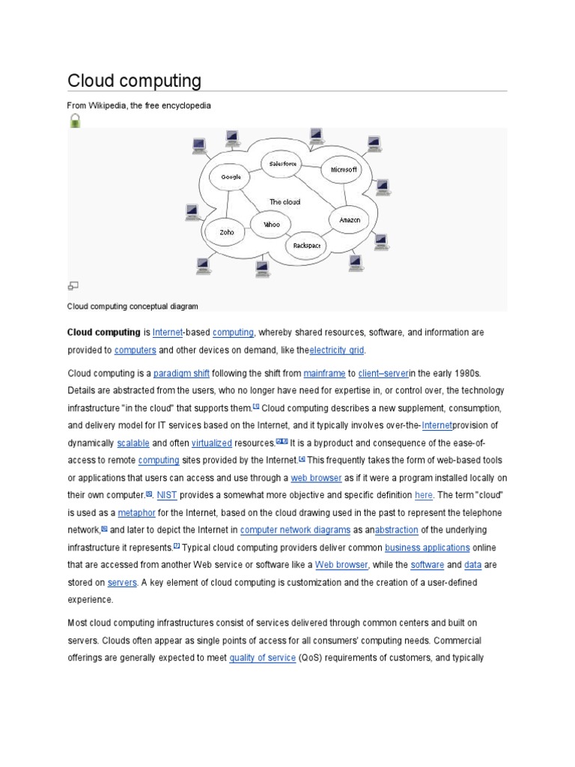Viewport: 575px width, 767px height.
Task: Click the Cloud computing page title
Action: (134, 80)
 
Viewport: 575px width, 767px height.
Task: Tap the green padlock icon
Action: (74, 121)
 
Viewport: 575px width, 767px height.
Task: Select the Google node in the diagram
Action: (231, 178)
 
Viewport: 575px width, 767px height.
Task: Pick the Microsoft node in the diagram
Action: (344, 170)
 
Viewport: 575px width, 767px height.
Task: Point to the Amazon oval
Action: (350, 219)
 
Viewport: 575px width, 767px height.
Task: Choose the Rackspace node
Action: (307, 245)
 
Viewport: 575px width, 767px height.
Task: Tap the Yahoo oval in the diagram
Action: (270, 224)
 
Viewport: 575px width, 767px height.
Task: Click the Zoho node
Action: (226, 232)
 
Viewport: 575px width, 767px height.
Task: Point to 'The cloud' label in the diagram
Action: (285, 202)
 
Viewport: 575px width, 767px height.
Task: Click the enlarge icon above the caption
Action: (73, 285)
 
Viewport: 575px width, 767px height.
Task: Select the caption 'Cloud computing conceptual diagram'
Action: (133, 306)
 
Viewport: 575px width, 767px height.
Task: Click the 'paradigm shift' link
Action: (182, 372)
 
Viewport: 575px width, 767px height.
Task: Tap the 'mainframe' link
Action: (324, 372)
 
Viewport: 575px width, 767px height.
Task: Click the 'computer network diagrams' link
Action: (295, 530)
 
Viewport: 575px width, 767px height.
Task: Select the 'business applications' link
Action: (428, 548)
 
